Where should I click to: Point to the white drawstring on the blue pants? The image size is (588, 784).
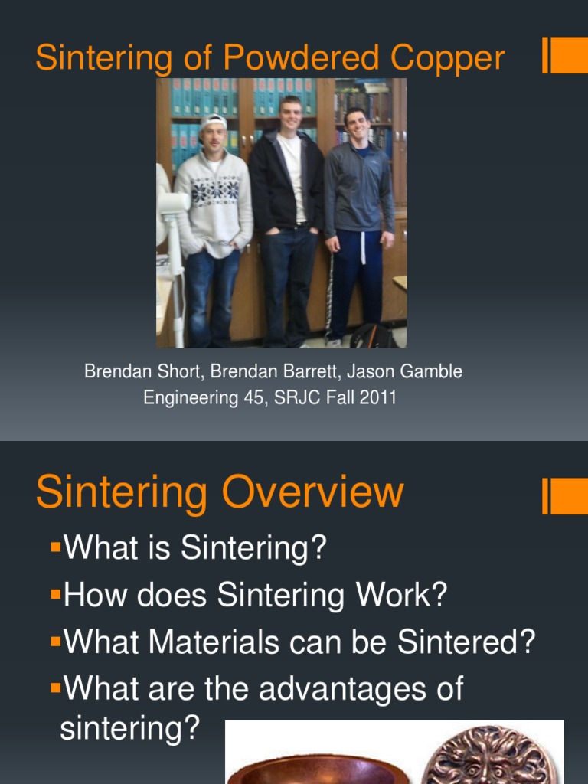coord(363,248)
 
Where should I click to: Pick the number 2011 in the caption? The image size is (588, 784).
coord(378,398)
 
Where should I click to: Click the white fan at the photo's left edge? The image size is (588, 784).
coord(170,207)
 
